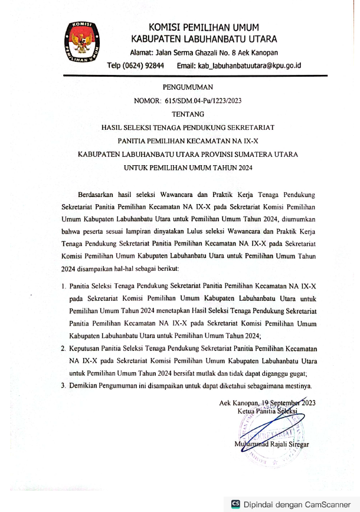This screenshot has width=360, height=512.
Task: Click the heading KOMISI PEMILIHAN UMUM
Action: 204,28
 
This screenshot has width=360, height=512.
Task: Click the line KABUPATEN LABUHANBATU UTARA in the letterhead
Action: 204,40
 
